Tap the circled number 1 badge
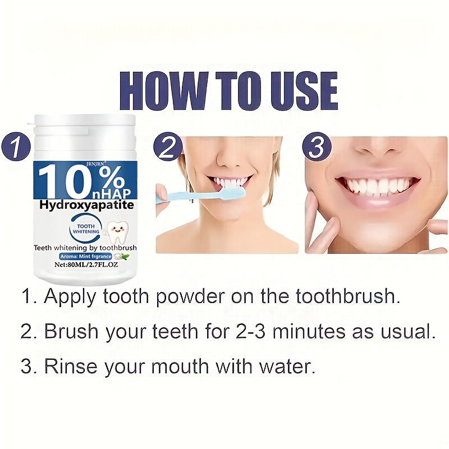tap(16, 147)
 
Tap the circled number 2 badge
tap(168, 148)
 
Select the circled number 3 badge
tap(317, 148)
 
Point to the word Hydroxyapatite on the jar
tap(86, 205)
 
